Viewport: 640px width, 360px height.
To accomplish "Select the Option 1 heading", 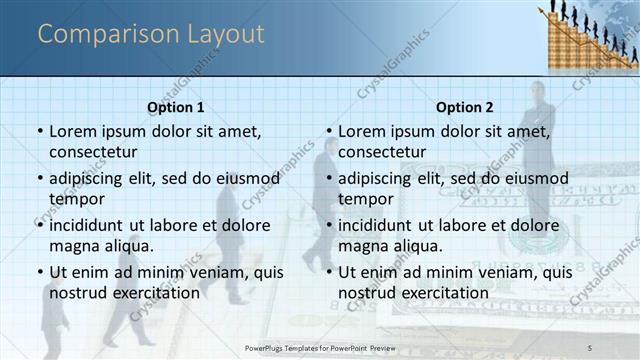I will click(x=176, y=107).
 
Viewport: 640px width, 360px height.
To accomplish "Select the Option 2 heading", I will click(x=465, y=107).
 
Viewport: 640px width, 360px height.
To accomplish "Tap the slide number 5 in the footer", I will click(x=590, y=347).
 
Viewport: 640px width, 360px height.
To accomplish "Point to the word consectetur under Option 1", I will click(x=93, y=152).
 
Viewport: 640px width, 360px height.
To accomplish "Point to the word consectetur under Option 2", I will click(x=382, y=152).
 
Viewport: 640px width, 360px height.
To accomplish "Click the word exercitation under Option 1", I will click(x=153, y=292).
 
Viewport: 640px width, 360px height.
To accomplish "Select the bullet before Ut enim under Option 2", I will click(x=328, y=272).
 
